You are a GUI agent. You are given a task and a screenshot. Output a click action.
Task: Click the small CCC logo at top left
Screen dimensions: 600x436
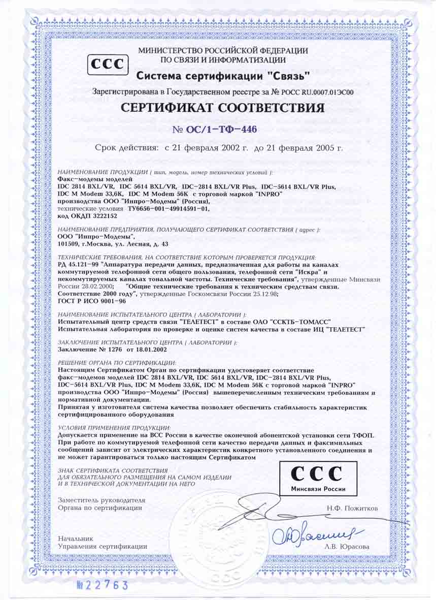(x=108, y=65)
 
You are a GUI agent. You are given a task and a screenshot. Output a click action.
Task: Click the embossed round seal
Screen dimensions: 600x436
(x=219, y=539)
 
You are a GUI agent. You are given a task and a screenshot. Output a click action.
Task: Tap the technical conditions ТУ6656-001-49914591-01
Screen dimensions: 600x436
(x=167, y=208)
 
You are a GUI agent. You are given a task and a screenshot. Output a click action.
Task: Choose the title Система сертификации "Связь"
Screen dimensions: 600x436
(x=223, y=77)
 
